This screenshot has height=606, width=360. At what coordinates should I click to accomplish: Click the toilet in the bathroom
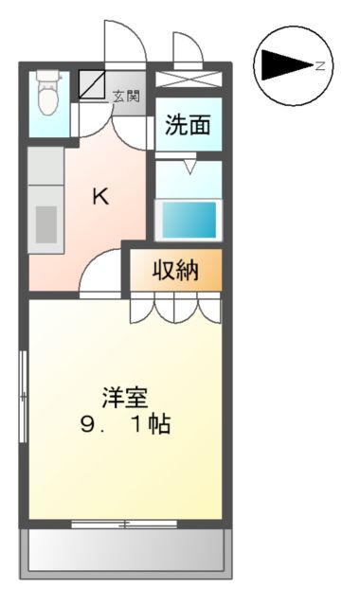(45, 92)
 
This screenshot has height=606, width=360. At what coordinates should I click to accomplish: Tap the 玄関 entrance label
(126, 95)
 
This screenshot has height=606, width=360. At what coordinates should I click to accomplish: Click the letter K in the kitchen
(100, 196)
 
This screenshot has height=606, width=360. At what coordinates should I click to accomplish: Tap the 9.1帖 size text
(125, 425)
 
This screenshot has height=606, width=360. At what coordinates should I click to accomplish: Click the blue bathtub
(189, 221)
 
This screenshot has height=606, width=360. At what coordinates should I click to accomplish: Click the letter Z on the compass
(320, 64)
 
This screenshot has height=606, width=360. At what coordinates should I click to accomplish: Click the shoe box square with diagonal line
(93, 85)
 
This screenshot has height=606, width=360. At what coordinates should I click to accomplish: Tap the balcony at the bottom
(125, 550)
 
